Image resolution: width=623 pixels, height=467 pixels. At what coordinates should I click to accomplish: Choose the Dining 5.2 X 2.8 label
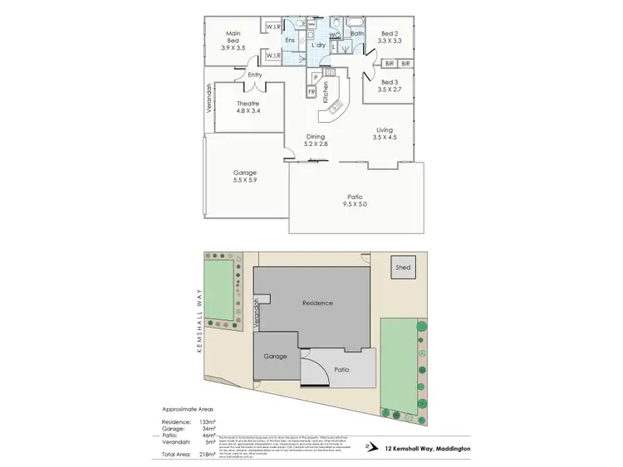pyautogui.click(x=315, y=141)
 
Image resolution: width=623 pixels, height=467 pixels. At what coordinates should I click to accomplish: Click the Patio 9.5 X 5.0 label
pyautogui.click(x=355, y=200)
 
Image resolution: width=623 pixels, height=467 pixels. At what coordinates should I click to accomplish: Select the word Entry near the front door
pyautogui.click(x=253, y=75)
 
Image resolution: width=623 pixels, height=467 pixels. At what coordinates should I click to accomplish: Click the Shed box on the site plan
pyautogui.click(x=403, y=268)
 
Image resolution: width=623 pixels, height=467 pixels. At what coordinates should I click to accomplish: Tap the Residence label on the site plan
pyautogui.click(x=316, y=303)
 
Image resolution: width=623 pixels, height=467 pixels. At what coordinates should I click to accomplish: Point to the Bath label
pyautogui.click(x=358, y=34)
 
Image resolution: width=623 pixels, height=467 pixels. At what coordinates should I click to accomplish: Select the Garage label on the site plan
pyautogui.click(x=275, y=356)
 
